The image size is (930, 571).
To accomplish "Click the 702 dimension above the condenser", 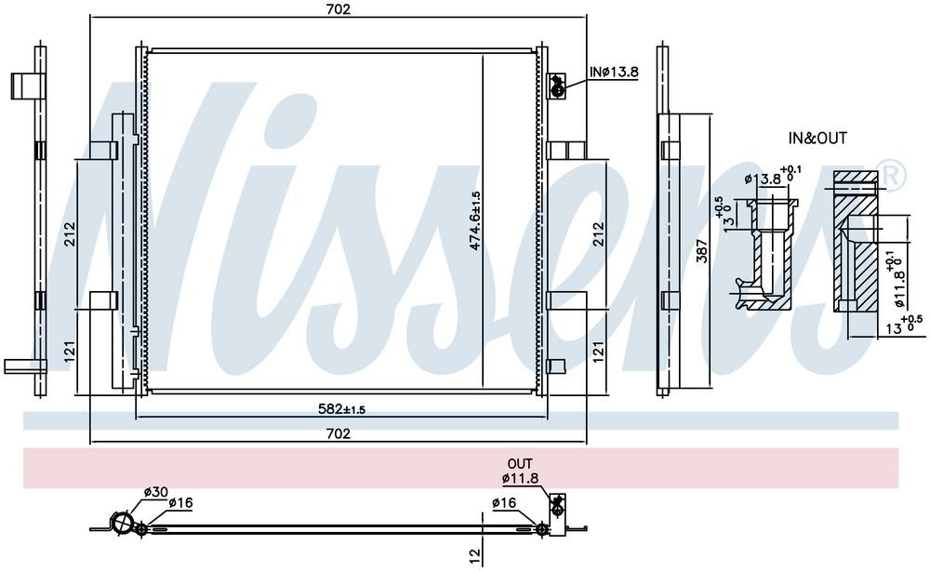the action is (339, 9).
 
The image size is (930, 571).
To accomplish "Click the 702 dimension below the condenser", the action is (339, 433).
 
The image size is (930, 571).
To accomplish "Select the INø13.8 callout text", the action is (614, 72).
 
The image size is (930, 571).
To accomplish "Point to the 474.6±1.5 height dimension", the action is (475, 220).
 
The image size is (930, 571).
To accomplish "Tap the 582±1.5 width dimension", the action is (341, 408).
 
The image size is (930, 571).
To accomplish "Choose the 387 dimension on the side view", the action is (702, 251).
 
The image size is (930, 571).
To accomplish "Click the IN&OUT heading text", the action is (817, 139).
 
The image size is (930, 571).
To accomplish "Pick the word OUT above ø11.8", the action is (520, 463).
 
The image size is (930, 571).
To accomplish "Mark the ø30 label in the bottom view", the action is (156, 492).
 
